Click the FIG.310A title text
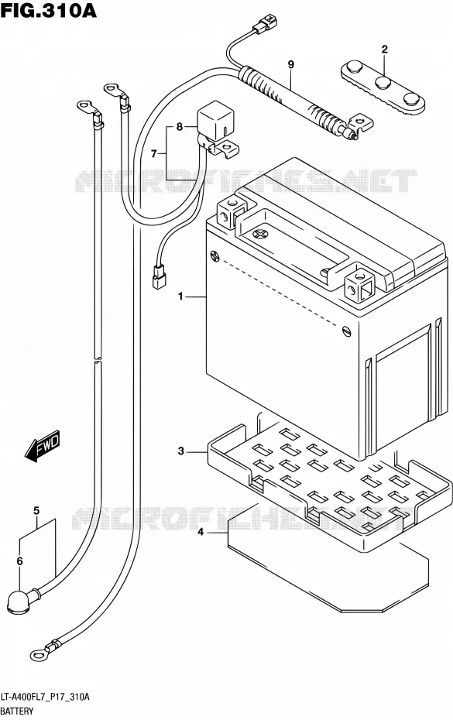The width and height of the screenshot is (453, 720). point(49,10)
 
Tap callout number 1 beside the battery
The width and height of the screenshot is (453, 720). point(181,297)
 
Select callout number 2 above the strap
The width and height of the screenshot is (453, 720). point(385,49)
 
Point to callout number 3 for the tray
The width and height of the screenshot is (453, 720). point(181,451)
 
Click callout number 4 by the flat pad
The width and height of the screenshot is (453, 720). point(201,532)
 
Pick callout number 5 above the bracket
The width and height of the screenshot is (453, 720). point(36,511)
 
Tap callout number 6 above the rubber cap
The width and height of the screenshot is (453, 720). point(19,561)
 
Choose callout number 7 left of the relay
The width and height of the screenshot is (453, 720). point(154,154)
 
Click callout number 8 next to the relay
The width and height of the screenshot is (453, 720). point(179,126)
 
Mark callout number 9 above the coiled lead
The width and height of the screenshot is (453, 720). point(290,65)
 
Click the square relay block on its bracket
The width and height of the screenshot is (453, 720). point(213,121)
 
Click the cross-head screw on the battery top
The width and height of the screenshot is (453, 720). point(260,234)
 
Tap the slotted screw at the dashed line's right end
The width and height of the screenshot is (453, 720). point(347,331)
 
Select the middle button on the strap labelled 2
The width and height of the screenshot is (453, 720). point(383,83)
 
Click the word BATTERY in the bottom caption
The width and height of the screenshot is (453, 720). point(17,711)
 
